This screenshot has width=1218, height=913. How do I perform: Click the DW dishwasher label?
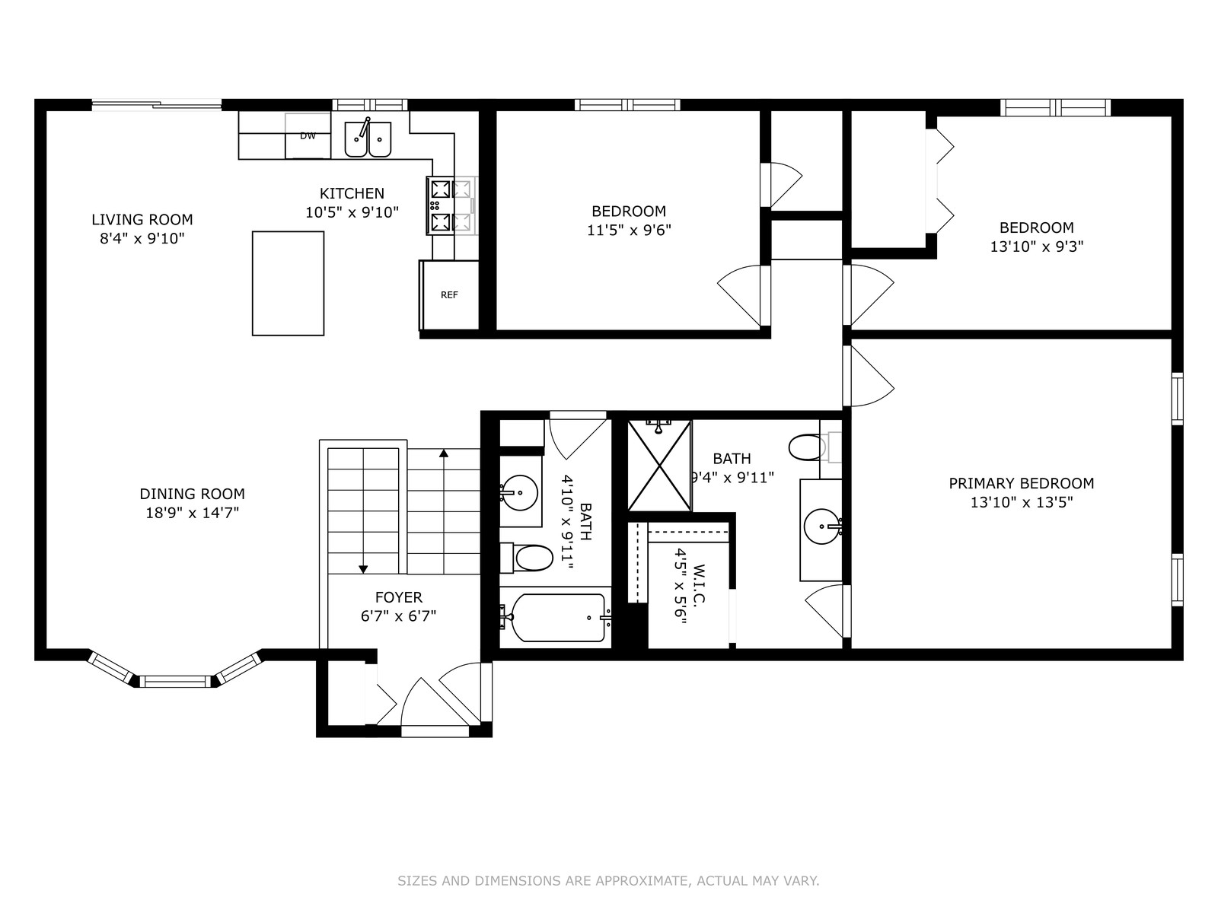(308, 136)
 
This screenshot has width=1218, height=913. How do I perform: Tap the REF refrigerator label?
(449, 295)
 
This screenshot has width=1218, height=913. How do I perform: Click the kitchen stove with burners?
(451, 205)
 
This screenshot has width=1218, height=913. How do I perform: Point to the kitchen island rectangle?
(288, 283)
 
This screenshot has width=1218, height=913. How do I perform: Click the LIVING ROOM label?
(142, 220)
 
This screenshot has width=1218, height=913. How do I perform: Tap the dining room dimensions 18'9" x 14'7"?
(192, 513)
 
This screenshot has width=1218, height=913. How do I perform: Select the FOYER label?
(398, 597)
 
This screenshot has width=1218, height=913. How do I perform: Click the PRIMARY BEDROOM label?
(1021, 483)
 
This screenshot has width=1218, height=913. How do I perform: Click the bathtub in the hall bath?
(556, 618)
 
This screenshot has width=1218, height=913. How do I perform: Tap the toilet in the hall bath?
(527, 558)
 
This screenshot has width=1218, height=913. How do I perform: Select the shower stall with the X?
(659, 465)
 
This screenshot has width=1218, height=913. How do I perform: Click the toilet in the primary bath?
(815, 447)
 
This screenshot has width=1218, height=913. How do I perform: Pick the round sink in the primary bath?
(822, 525)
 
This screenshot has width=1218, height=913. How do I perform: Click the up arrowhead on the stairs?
(443, 453)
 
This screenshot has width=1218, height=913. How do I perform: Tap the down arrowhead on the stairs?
(363, 569)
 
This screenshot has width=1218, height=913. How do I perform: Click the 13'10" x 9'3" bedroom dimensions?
(1037, 247)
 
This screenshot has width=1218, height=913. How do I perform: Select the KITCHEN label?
(352, 193)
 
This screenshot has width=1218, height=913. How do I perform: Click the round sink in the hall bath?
(519, 492)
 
